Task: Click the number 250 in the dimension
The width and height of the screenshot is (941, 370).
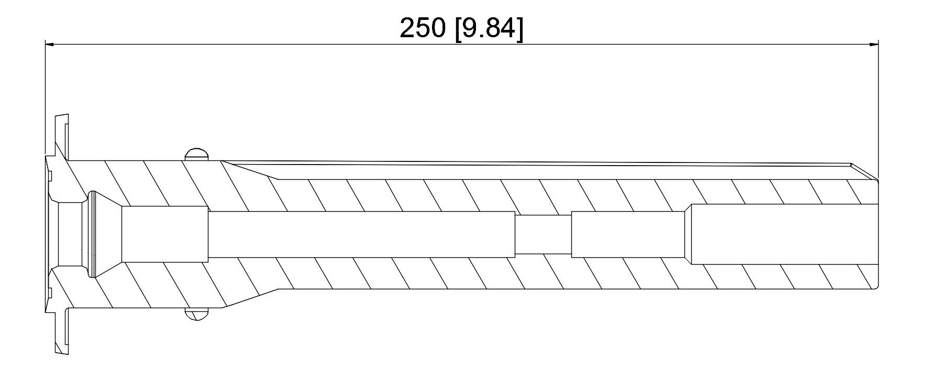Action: point(422,28)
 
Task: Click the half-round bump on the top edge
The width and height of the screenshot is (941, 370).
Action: point(197,154)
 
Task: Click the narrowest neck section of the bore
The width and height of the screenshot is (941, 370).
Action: point(543,234)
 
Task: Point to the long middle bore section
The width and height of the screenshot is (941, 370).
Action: point(361,234)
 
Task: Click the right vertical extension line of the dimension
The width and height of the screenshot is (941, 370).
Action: point(878,110)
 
